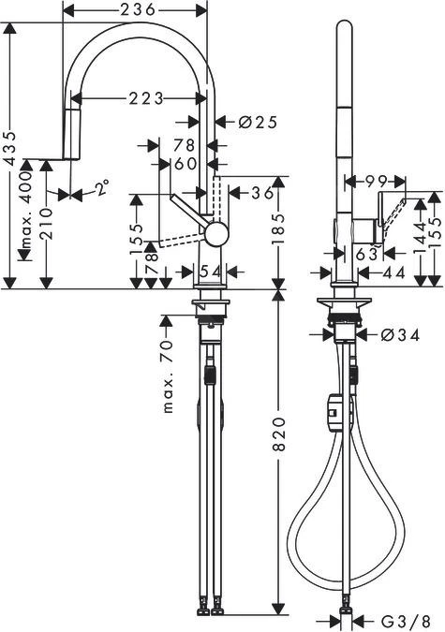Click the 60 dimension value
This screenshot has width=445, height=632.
point(185,164)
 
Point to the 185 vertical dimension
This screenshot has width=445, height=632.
point(277,230)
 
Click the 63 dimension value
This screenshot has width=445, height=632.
point(366,252)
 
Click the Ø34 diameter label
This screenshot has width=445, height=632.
point(399,334)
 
